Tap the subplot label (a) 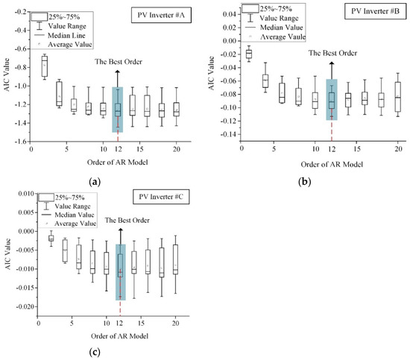[95, 181]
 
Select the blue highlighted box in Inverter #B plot [332, 99]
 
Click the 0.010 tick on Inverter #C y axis [22, 193]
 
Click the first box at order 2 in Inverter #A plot [45, 66]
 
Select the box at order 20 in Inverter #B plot [398, 96]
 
